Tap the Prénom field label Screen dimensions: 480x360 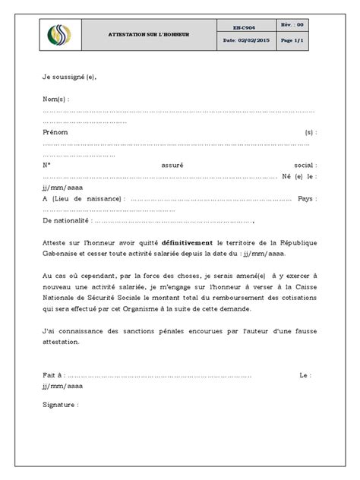tap(55, 131)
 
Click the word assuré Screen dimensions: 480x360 tap(172, 164)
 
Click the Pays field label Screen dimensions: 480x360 tap(307, 197)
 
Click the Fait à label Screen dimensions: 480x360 tap(55, 374)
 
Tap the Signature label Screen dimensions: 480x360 tap(61, 405)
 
